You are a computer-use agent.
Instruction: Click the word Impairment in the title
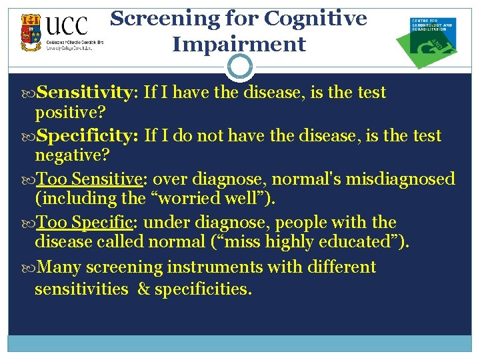pyautogui.click(x=239, y=44)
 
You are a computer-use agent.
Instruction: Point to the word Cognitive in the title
pyautogui.click(x=315, y=18)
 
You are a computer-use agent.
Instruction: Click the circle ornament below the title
pyautogui.click(x=240, y=66)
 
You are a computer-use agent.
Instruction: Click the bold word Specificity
pyautogui.click(x=87, y=136)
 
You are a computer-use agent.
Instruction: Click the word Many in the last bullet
pyautogui.click(x=60, y=267)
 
